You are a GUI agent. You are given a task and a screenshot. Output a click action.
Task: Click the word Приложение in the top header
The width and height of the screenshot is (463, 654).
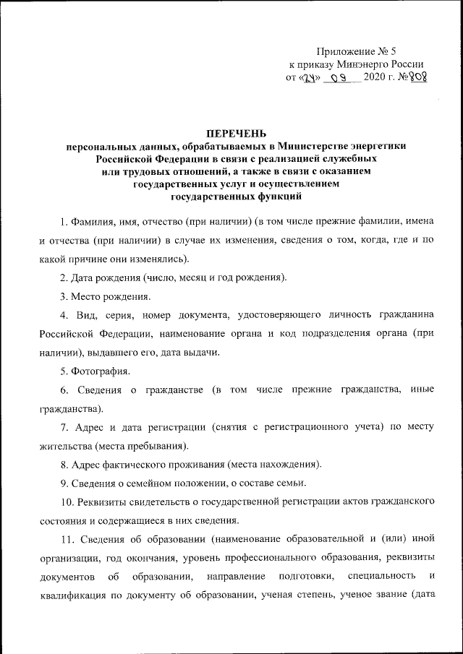(x=344, y=51)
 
